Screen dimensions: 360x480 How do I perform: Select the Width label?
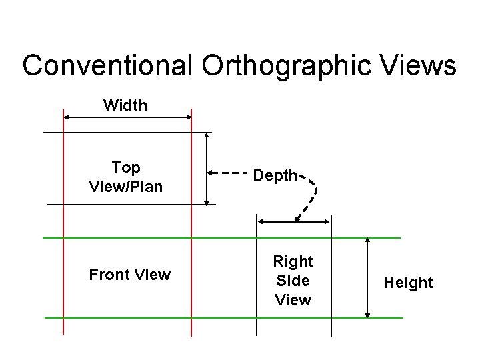coord(125,105)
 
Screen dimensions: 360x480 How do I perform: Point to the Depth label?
coord(275,176)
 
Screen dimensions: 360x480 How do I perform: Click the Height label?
coord(408,283)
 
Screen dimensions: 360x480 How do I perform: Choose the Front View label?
coord(130,275)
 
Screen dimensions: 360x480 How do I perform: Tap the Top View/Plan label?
coord(125,177)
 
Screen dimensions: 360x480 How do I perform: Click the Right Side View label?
coord(293,280)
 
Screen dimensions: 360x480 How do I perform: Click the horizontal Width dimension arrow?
coord(127,117)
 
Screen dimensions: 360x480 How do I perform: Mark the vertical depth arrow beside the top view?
coord(207,168)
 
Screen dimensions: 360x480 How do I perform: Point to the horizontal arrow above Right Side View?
coord(294,221)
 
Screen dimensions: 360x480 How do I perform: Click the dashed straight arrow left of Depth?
coord(227,173)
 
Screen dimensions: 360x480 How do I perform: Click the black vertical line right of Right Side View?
coord(331,280)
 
